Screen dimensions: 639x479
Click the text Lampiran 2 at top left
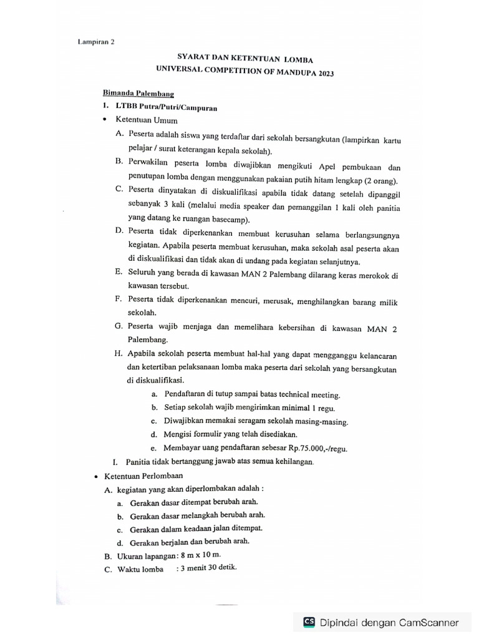[96, 42]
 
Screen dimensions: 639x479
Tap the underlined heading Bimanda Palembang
[129, 93]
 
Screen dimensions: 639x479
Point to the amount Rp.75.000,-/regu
[318, 449]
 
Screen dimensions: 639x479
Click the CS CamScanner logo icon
[309, 622]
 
